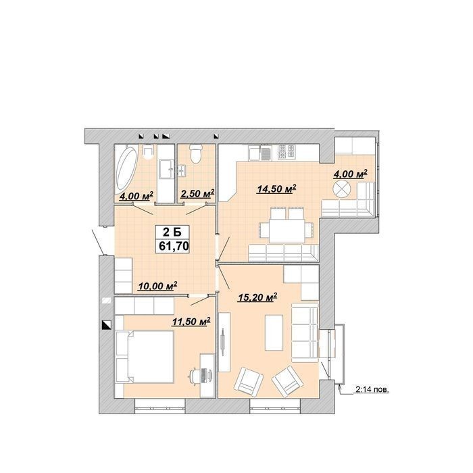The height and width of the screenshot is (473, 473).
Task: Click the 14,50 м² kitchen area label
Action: click(276, 189)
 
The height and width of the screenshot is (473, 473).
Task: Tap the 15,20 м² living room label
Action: click(257, 298)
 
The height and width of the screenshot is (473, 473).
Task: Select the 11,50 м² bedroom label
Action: click(191, 322)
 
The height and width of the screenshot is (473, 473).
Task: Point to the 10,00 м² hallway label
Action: click(157, 287)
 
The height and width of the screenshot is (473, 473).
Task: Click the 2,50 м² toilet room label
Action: click(197, 194)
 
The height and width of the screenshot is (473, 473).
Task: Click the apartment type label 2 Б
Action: click(172, 232)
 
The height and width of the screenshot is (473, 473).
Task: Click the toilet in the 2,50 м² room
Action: click(195, 153)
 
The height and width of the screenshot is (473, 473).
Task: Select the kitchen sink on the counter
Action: click(266, 153)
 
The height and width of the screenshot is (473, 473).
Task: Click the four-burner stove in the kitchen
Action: click(287, 152)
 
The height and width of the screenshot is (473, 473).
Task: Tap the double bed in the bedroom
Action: click(145, 357)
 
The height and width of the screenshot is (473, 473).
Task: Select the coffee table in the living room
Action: click(274, 332)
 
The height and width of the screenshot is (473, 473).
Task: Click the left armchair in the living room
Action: click(249, 382)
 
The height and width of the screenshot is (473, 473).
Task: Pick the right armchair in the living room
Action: click(287, 382)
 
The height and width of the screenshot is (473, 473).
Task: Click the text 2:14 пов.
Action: click(372, 390)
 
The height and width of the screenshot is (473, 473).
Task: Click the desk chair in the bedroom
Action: click(195, 375)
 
